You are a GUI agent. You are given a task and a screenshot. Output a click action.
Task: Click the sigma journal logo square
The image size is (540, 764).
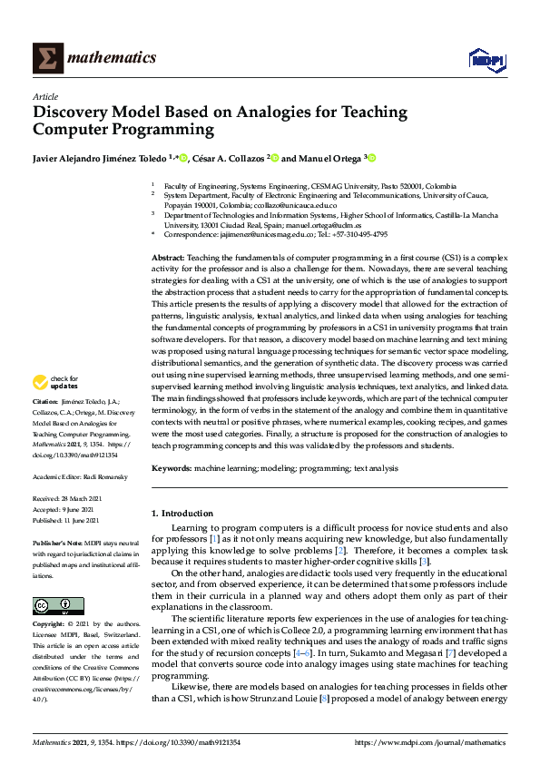tap(47, 59)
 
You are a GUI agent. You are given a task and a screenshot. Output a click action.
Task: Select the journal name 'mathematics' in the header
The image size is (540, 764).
tap(115, 58)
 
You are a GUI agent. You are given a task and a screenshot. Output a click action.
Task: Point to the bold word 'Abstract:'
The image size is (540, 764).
tap(169, 259)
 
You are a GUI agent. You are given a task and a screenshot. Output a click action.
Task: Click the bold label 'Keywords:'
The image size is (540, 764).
tap(171, 469)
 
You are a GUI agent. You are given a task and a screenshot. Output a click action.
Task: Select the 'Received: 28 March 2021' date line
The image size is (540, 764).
tap(68, 499)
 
